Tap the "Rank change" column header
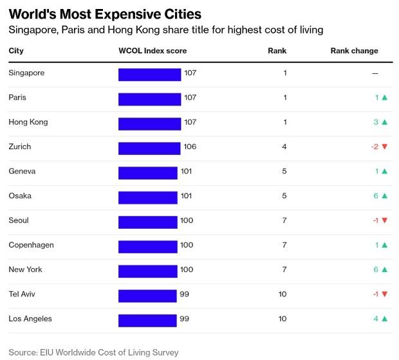point(354,51)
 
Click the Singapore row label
point(26,73)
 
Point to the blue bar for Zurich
point(149,148)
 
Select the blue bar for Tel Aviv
point(147,295)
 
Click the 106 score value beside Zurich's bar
point(190,147)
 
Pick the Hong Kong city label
point(28,122)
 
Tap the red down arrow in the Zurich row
point(384,147)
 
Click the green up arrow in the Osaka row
point(384,196)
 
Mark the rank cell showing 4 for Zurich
point(284,147)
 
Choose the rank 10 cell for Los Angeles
point(283,319)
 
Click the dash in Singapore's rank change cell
point(375,73)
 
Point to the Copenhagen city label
point(31,246)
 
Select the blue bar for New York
point(147,271)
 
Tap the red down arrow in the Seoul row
point(384,221)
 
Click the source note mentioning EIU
point(93,352)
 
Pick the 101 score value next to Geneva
point(185,172)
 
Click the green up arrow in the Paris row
point(384,98)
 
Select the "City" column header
point(16,51)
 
